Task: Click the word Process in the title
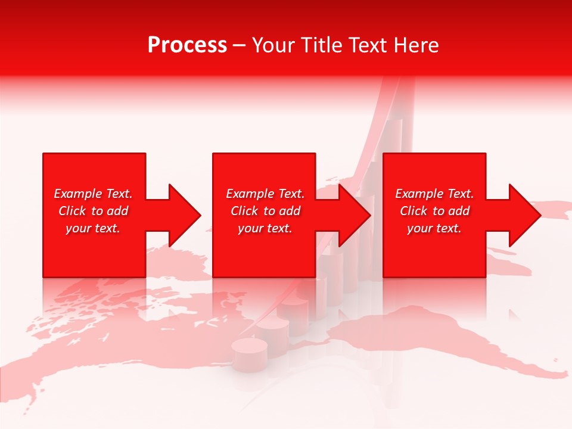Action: [187, 45]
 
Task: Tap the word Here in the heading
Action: [416, 45]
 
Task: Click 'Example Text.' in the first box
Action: [93, 194]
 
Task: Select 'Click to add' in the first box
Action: [93, 211]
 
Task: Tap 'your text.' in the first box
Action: [93, 228]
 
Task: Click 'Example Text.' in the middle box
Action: [265, 194]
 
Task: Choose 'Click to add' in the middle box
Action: [265, 211]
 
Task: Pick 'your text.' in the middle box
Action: [265, 228]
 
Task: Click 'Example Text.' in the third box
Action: [434, 194]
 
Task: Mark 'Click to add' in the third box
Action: [434, 211]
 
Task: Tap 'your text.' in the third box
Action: [434, 228]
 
